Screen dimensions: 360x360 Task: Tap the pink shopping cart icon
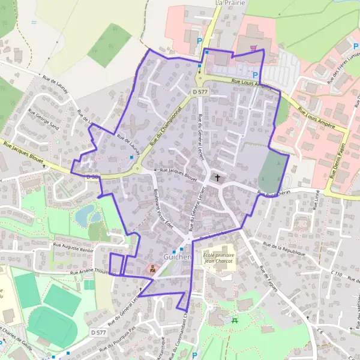255,47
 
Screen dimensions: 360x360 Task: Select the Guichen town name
177,257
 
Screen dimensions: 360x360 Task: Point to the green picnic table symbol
235,321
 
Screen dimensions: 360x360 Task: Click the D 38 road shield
91,177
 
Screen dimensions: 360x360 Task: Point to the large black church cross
218,178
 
